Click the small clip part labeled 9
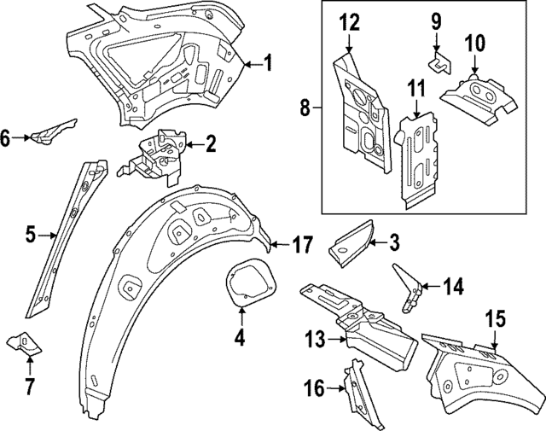coord(438,62)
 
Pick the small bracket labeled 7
coord(24,345)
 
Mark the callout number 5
coord(30,233)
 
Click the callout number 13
coord(315,340)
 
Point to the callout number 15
coord(496,319)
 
